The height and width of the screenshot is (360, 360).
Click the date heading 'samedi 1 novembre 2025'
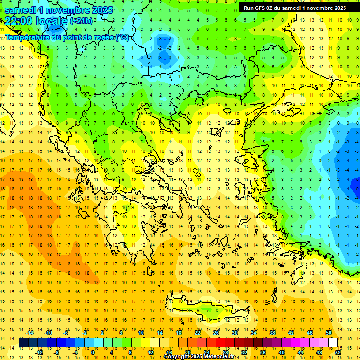(59, 10)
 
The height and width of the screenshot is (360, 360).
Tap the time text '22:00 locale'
(36, 21)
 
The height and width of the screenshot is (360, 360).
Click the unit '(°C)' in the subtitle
(123, 37)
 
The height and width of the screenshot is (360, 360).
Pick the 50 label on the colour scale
(328, 333)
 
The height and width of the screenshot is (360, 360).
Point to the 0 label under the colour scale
(92, 352)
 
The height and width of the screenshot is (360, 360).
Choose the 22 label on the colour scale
(197, 333)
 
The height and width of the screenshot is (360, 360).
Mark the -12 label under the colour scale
(39, 352)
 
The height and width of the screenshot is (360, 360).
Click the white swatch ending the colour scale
(333, 342)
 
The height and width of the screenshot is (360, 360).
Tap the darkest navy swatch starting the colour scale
(23, 342)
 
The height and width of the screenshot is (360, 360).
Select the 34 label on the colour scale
(254, 333)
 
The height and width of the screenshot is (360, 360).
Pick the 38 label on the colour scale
(272, 333)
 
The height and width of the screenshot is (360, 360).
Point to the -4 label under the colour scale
(75, 352)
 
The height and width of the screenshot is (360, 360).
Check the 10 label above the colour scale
(141, 333)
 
